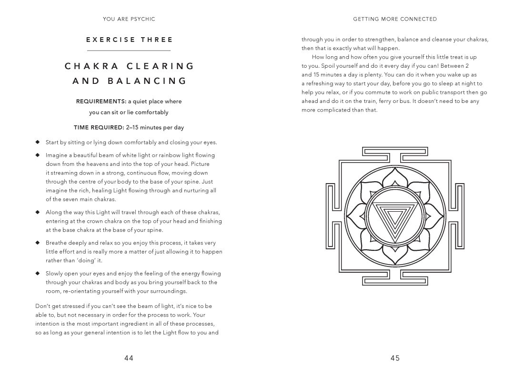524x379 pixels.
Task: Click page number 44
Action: tap(129, 359)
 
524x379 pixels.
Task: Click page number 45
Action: tap(395, 359)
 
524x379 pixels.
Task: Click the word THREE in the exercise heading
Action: tap(157, 40)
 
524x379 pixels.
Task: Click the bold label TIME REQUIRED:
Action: tap(99, 127)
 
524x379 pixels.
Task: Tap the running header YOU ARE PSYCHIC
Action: tap(129, 19)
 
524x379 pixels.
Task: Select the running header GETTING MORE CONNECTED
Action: tap(395, 19)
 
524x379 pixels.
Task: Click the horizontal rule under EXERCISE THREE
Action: tap(129, 51)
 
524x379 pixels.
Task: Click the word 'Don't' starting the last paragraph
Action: tap(43, 306)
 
